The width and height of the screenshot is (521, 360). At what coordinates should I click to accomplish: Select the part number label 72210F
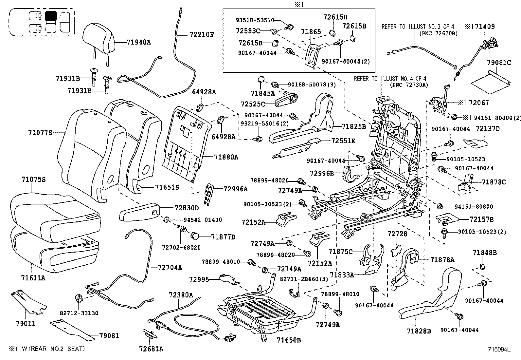(200, 34)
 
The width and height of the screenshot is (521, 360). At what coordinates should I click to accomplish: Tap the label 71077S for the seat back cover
(40, 132)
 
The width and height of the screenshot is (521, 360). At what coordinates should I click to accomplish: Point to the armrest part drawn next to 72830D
(139, 213)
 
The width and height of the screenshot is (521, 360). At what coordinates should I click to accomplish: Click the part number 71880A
(226, 157)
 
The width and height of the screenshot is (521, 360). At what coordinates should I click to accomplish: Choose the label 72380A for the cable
(181, 295)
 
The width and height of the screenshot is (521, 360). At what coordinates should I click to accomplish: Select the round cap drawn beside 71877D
(195, 236)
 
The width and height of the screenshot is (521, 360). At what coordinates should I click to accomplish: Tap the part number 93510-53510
(255, 20)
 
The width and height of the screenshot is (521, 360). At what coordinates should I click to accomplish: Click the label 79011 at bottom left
(26, 324)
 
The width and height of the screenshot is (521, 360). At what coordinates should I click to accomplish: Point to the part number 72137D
(488, 129)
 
